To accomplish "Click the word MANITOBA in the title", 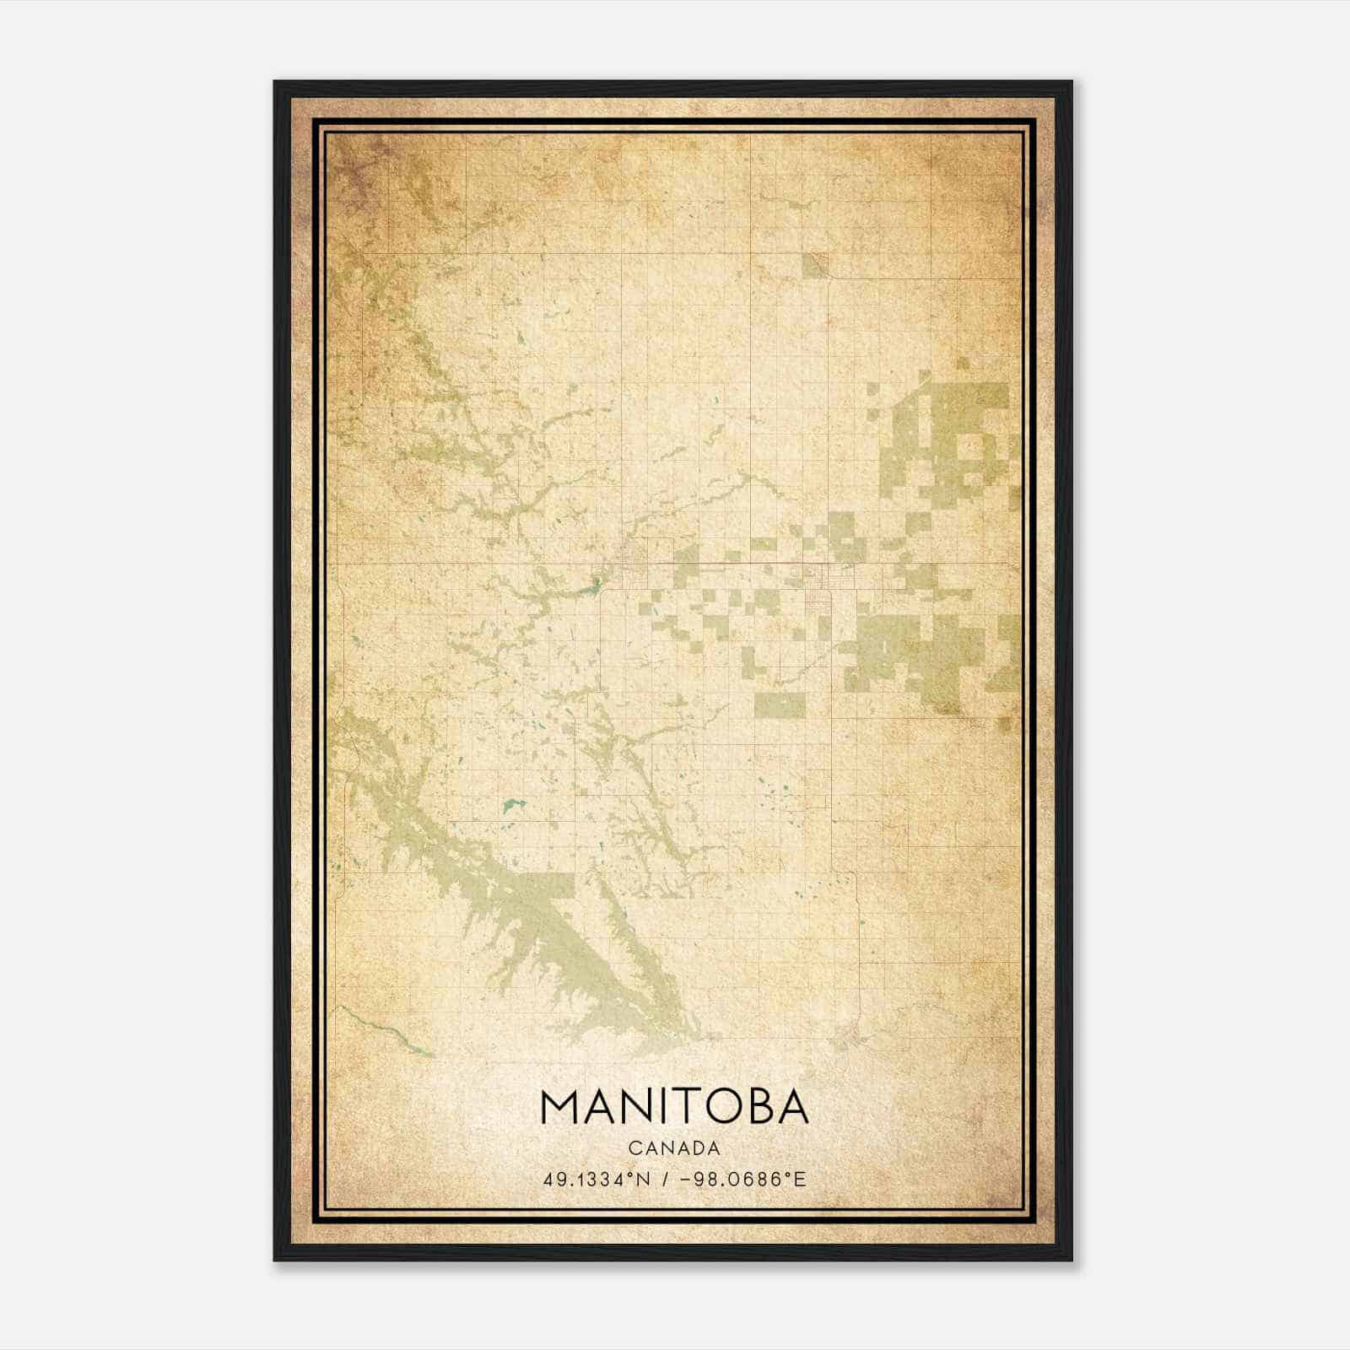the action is [x=674, y=1107].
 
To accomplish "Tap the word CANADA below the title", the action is [x=674, y=1148].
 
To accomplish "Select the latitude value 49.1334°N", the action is [x=597, y=1179].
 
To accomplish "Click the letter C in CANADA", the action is [x=634, y=1148].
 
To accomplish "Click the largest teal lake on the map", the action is [x=511, y=806].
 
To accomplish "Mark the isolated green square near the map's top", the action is [x=815, y=265].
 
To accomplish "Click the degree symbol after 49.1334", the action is [x=628, y=1174].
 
